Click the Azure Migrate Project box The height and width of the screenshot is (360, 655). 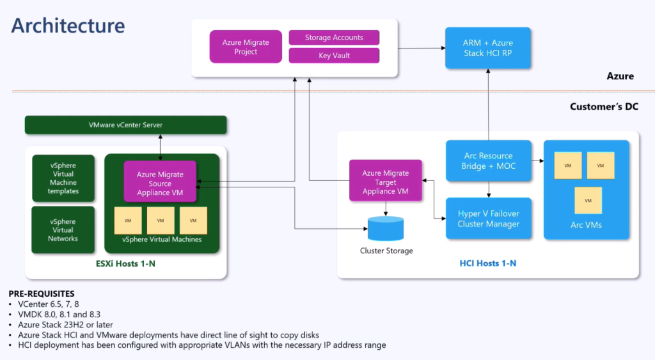[x=246, y=47]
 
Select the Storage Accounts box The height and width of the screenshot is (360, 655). [x=334, y=38]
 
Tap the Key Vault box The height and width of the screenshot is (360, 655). [x=334, y=56]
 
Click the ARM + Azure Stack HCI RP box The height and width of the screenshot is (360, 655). [x=488, y=48]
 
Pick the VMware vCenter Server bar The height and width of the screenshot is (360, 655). [x=126, y=125]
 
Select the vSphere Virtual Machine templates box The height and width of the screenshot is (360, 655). [x=63, y=178]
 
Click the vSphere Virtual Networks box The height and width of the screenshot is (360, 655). [x=63, y=230]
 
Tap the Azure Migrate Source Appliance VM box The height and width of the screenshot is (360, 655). [x=160, y=181]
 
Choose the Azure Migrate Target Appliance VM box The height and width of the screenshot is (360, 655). [x=386, y=180]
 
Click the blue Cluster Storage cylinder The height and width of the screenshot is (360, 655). [x=386, y=228]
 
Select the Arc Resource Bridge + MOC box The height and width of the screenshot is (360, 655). [x=488, y=160]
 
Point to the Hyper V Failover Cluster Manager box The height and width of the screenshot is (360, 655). [x=488, y=219]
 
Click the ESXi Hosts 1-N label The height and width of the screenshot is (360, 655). [x=125, y=264]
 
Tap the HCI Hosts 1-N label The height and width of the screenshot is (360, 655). [x=488, y=263]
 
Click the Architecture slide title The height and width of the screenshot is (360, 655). [x=68, y=26]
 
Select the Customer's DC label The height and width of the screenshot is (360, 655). [x=604, y=107]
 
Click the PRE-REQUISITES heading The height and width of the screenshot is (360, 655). [x=42, y=293]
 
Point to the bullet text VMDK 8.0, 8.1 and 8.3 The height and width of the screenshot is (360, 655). [x=59, y=315]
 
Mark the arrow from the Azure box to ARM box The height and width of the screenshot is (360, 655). [x=422, y=48]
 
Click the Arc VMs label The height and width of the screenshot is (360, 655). [x=586, y=225]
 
